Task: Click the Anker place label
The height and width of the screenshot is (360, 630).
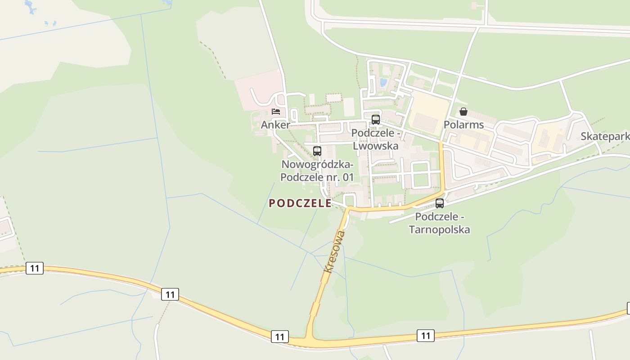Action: pos(275,125)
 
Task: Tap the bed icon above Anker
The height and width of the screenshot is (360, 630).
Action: pos(276,112)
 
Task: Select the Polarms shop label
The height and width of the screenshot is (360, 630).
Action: pos(463,125)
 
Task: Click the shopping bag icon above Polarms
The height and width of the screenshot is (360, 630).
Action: pos(463,112)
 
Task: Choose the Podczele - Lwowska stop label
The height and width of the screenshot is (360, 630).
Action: pos(375,139)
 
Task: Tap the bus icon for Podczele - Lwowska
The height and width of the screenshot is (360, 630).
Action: pos(375,120)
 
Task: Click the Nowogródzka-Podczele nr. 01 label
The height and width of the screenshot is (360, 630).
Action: pos(317,171)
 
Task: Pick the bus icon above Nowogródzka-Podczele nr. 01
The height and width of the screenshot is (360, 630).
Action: pos(317,151)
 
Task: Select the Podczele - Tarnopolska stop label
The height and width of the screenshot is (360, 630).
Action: pos(439,223)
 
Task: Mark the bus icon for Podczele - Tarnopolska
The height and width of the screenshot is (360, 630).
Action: pos(440,203)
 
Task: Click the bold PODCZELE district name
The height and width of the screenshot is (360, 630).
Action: pos(300,203)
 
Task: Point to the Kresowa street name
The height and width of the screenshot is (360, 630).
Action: pos(335,252)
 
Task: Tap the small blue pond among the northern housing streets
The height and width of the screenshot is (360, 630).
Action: pos(383,82)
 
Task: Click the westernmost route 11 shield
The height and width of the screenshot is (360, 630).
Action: pos(35,269)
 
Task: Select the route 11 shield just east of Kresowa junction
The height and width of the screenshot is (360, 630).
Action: pos(426,335)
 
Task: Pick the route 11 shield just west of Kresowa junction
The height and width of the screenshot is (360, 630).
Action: pos(280,337)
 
